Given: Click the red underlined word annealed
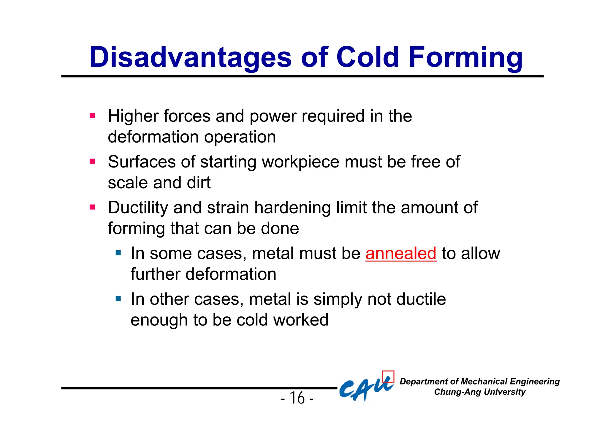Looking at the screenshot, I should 401,253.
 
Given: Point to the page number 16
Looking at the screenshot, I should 297,398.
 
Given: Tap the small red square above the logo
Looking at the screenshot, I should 388,376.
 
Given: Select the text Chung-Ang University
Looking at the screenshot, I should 479,392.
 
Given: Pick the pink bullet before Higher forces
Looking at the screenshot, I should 92,115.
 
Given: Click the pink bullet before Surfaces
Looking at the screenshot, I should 92,162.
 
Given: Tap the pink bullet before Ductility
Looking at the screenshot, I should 92,207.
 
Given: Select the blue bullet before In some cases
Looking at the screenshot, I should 118,253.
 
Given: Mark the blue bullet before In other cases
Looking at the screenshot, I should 118,299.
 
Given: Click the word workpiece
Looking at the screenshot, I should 301,162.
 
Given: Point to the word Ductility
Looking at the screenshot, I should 138,208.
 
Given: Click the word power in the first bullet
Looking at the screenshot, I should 273,116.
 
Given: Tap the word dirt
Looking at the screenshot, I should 199,183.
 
